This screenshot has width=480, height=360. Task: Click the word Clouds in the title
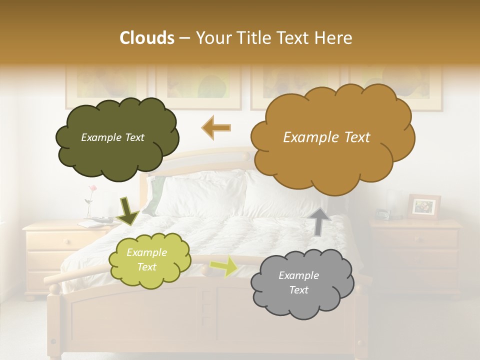tap(147, 38)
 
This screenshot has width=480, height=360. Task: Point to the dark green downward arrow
tap(127, 210)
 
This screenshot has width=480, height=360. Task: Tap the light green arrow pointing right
tap(224, 265)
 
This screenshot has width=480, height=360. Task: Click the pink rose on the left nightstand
tap(92, 189)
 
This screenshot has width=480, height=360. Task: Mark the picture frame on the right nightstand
tap(424, 206)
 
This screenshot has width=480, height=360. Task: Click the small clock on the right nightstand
tap(382, 214)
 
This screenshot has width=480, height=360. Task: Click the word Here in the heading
tap(335, 38)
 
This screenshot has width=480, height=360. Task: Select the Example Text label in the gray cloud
tap(298, 283)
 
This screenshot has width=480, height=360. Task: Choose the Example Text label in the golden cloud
tap(326, 137)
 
